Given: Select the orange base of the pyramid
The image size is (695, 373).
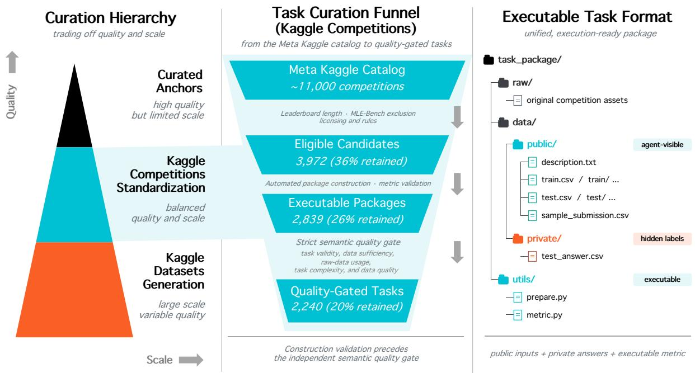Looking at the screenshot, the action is (74, 290).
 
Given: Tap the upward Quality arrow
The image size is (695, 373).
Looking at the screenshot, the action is (12, 62).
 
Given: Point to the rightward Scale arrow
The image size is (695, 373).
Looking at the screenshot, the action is (191, 360).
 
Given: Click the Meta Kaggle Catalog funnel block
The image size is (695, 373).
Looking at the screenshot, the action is (347, 80).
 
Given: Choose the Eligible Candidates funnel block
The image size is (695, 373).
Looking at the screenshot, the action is (347, 154).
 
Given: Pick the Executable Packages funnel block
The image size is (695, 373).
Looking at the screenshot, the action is (347, 213).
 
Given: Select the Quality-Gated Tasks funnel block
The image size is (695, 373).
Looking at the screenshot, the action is (347, 301).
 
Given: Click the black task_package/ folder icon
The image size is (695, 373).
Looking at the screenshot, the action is (489, 60).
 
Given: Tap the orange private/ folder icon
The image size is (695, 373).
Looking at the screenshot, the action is (518, 239).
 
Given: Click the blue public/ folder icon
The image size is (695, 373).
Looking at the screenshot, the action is (518, 144).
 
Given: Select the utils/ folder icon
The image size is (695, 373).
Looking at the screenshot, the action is (503, 280).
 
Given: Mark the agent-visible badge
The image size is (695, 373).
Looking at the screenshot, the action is (662, 145).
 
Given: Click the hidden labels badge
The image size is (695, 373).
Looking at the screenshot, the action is (662, 239).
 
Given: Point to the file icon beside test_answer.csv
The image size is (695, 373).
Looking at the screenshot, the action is (532, 257).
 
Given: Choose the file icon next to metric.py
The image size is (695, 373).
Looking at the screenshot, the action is (518, 315).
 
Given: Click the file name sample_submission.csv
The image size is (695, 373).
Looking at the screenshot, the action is (585, 215).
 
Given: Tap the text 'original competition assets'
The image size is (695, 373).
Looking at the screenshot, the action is (577, 100).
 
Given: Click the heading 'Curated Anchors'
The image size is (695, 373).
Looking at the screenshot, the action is (179, 81).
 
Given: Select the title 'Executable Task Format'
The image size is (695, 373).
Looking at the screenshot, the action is (587, 17).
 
